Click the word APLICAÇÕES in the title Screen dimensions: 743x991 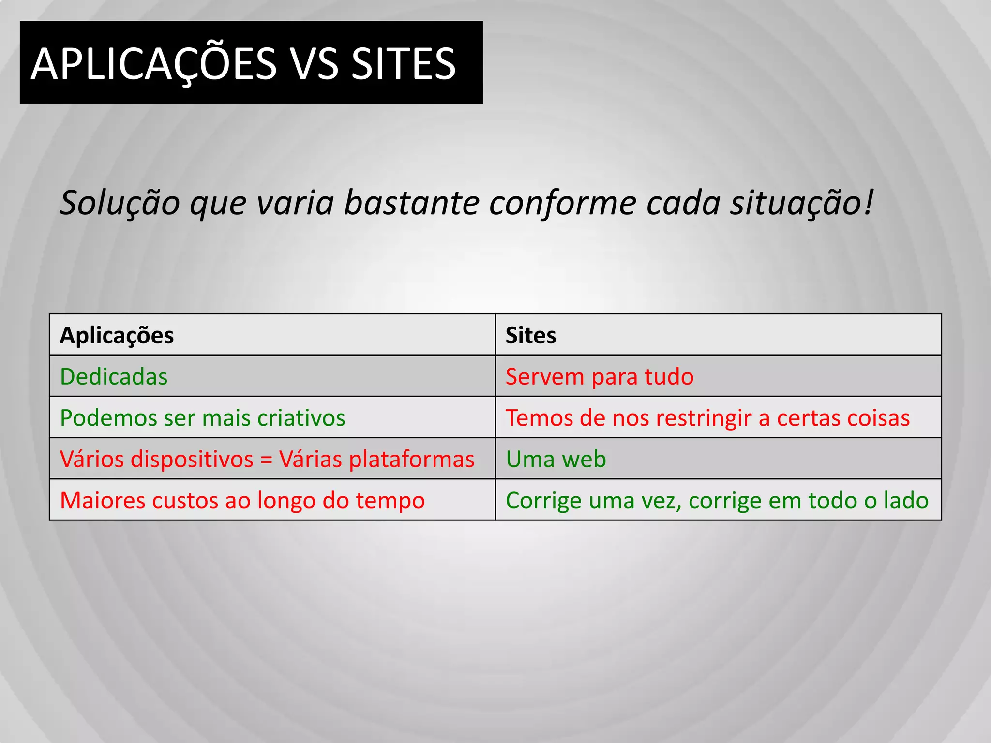click(154, 64)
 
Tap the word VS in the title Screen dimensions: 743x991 click(315, 64)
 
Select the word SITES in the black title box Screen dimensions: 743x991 click(404, 64)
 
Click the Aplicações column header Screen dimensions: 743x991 click(117, 335)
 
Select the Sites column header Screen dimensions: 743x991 click(531, 335)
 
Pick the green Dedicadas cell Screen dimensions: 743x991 click(114, 376)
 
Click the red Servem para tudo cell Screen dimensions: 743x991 click(600, 376)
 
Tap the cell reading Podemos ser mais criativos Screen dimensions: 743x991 click(202, 418)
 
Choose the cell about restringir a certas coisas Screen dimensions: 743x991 click(707, 418)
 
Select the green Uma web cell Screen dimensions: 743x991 click(556, 459)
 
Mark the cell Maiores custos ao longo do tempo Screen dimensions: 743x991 click(242, 500)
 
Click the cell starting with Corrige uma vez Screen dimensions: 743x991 click(717, 500)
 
